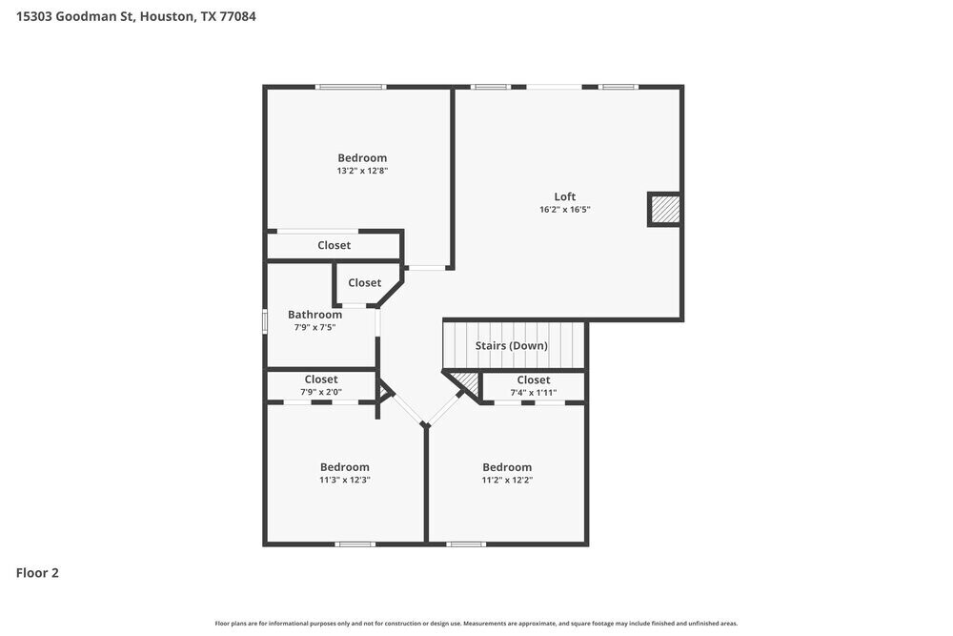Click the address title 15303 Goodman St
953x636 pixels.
tap(135, 16)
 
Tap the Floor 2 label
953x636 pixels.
tap(37, 573)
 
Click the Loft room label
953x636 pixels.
tap(565, 196)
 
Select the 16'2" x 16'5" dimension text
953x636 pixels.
tap(565, 210)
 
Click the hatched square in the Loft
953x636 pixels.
tap(665, 209)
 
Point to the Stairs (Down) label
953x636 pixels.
tap(512, 345)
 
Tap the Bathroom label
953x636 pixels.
tap(314, 315)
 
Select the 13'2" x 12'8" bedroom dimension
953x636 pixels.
tap(362, 171)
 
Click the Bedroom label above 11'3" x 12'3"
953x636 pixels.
tap(345, 467)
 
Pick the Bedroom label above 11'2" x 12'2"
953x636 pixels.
tap(507, 467)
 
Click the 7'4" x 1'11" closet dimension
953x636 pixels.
tap(534, 392)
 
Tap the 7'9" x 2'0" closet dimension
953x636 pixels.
tap(321, 392)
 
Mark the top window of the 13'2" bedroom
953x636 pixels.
tap(351, 88)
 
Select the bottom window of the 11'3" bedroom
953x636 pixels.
tap(355, 544)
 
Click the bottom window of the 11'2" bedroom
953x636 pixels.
tap(466, 544)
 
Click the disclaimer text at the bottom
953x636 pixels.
tap(476, 624)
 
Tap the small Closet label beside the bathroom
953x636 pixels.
tap(364, 282)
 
